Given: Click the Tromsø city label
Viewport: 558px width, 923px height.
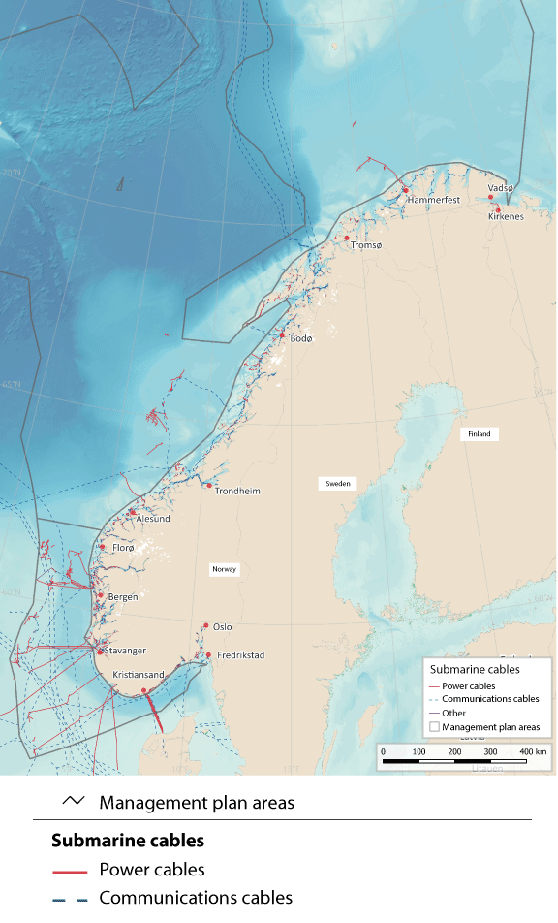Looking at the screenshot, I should pyautogui.click(x=366, y=246).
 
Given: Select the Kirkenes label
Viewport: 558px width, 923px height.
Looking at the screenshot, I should pyautogui.click(x=506, y=216).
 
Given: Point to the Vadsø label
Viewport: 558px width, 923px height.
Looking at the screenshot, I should pyautogui.click(x=500, y=187).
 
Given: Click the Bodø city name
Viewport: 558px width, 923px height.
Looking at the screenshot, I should pyautogui.click(x=301, y=338).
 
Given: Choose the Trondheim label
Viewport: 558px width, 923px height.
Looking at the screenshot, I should pyautogui.click(x=237, y=491).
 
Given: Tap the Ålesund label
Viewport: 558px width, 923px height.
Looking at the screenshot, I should pyautogui.click(x=153, y=519).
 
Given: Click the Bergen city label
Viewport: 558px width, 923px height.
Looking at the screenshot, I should pyautogui.click(x=121, y=596).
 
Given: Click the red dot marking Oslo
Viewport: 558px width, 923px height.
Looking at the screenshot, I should pyautogui.click(x=205, y=626).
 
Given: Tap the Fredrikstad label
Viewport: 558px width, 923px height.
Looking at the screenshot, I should pyautogui.click(x=239, y=655).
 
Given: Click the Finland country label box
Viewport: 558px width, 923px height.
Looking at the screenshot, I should pyautogui.click(x=480, y=434).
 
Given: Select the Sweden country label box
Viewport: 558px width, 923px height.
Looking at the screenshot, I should pyautogui.click(x=337, y=483).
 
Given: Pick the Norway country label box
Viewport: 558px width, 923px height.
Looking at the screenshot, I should pyautogui.click(x=224, y=569).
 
